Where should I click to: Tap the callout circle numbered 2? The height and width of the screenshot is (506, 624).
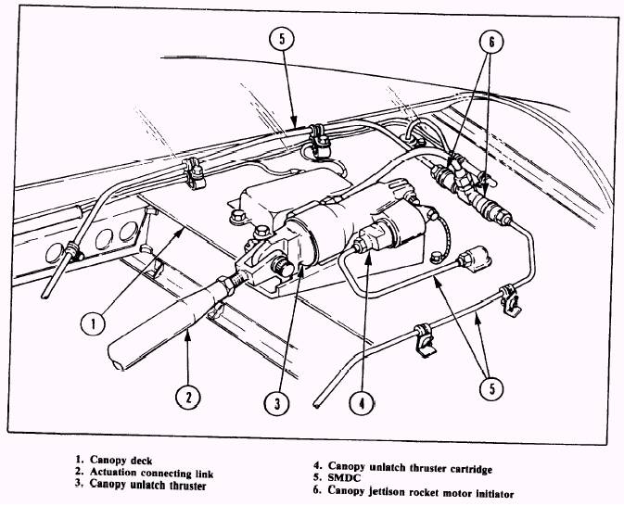pyautogui.click(x=188, y=398)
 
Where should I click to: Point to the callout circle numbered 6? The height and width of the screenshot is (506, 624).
pyautogui.click(x=491, y=43)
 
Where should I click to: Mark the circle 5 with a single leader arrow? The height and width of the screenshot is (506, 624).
pyautogui.click(x=283, y=39)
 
